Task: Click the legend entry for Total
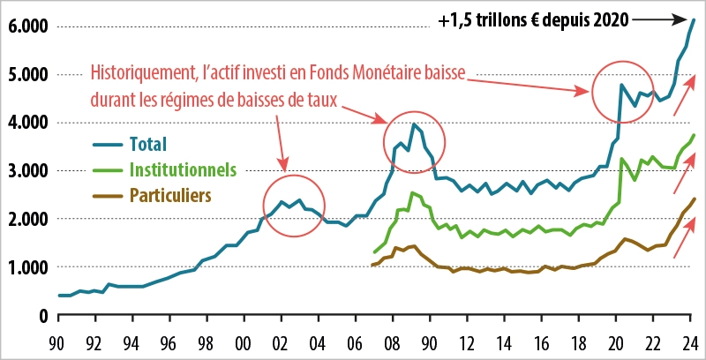click(x=147, y=143)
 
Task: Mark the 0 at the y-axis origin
click(x=41, y=315)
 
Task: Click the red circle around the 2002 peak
click(x=295, y=203)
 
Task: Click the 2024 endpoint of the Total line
click(x=694, y=19)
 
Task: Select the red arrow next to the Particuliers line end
click(x=681, y=244)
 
